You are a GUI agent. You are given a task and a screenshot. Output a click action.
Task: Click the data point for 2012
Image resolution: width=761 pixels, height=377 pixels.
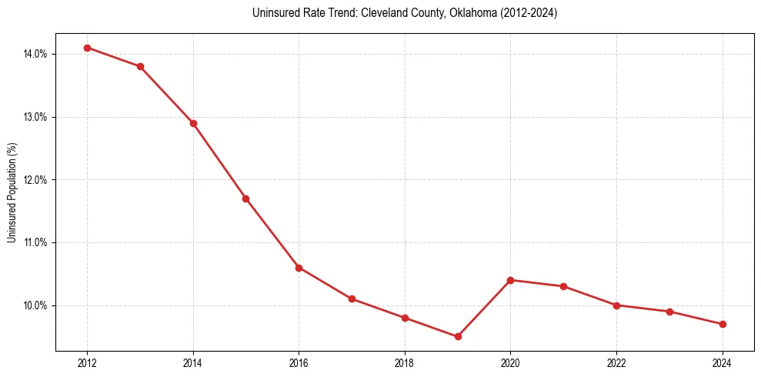(87, 48)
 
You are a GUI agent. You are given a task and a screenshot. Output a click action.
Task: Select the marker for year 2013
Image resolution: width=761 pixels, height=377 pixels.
(140, 66)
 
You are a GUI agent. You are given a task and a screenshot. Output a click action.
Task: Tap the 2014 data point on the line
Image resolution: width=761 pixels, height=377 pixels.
(193, 123)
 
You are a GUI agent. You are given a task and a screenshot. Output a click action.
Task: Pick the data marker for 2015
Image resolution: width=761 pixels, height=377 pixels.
(245, 199)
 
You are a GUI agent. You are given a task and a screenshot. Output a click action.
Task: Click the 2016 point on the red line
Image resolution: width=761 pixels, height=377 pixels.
(299, 268)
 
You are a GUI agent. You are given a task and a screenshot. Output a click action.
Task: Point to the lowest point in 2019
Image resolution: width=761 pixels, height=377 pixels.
(458, 336)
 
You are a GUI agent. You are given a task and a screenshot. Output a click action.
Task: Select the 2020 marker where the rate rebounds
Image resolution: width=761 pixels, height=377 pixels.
(510, 280)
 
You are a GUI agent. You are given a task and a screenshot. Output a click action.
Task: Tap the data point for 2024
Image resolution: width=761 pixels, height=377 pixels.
(723, 324)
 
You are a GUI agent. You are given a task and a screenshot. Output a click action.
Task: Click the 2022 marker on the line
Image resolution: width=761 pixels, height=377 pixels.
(616, 305)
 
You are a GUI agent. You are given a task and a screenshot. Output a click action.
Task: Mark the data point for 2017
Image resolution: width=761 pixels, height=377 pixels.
(352, 299)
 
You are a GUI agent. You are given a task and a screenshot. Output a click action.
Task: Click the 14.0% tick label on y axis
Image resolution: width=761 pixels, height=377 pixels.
(35, 54)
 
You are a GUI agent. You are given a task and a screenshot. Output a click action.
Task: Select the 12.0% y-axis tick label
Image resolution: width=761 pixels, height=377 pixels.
(35, 180)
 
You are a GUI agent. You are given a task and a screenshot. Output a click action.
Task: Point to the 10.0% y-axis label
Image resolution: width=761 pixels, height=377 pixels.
(35, 305)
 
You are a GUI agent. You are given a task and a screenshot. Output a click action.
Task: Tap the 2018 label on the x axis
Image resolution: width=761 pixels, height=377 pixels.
(405, 362)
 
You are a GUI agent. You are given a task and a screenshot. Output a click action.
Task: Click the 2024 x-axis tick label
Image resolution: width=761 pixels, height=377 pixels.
(723, 362)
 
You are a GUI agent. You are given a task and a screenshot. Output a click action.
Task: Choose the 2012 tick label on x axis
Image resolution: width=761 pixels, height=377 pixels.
(87, 362)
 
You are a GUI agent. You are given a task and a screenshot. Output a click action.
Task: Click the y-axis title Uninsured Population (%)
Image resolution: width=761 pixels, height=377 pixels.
(12, 192)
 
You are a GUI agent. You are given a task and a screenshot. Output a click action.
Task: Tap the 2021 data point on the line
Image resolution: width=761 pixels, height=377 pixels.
(563, 286)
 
